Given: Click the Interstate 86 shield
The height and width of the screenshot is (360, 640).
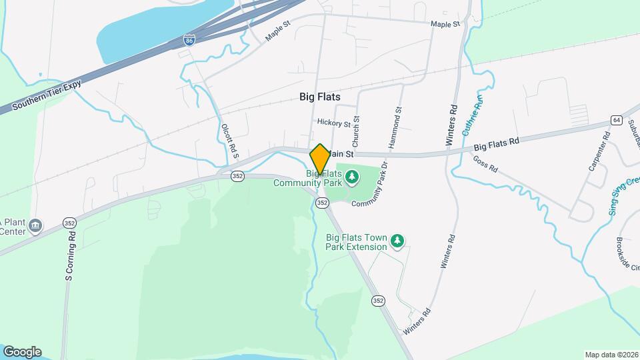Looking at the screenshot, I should coord(191,41).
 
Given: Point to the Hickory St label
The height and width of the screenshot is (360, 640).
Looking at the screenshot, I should coord(334,123).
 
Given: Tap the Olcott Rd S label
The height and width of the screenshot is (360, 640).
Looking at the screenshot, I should coord(230,142).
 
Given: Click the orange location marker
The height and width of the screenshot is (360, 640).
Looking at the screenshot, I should coord(320,159).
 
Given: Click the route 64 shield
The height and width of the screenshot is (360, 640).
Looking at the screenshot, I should coord(616,120).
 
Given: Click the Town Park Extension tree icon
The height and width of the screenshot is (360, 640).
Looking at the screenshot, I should coord(398,240).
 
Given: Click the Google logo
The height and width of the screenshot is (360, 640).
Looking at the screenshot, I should coord(22,351).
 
